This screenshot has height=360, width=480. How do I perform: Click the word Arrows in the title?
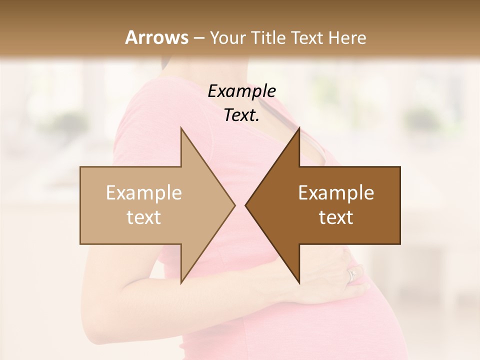click(x=156, y=37)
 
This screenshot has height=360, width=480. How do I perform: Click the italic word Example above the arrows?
click(x=241, y=91)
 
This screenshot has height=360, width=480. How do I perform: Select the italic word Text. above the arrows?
click(x=241, y=115)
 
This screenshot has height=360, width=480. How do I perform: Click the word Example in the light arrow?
click(x=144, y=193)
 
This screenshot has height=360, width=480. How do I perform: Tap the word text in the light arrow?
click(x=144, y=217)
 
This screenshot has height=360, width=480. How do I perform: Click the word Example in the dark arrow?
click(x=336, y=193)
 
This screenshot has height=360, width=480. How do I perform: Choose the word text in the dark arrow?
click(x=336, y=217)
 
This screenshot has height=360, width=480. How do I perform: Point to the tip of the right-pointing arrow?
click(x=234, y=205)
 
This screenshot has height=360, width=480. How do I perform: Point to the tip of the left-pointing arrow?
click(x=246, y=205)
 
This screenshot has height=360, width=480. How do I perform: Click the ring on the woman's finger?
click(x=352, y=274)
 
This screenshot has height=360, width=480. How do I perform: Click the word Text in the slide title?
click(x=307, y=38)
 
